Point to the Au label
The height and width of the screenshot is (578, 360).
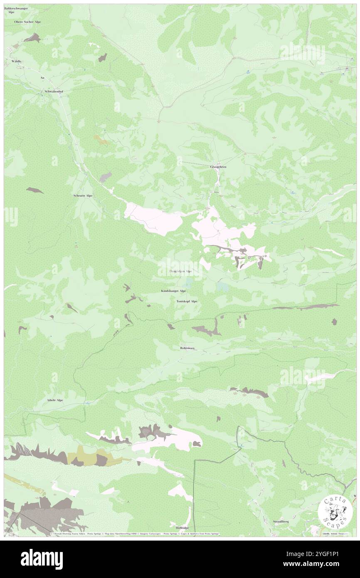pos(42,77)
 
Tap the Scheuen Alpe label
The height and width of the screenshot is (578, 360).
pos(83,195)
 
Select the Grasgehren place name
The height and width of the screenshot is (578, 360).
pos(218,167)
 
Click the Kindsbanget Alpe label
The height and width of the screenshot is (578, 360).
pos(173,291)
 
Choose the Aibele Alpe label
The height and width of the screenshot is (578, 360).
pos(54,400)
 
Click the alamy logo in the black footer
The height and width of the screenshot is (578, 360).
pos(42,557)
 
